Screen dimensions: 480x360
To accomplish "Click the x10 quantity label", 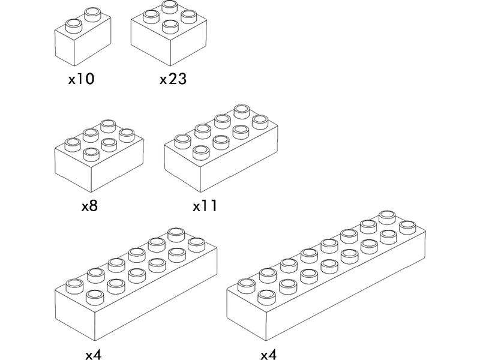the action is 81,79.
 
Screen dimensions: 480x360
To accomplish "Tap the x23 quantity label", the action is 173,79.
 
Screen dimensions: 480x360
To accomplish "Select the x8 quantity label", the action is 89,206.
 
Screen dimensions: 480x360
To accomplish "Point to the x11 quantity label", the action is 205,206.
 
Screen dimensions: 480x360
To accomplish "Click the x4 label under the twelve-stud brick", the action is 94,355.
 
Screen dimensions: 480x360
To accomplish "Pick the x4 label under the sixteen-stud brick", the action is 268,355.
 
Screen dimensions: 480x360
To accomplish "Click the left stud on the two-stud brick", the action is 74,26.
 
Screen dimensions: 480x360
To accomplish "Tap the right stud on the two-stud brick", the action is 93,14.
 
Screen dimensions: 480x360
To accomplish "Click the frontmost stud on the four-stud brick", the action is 170,26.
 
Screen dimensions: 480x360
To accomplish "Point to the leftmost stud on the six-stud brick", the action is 73,145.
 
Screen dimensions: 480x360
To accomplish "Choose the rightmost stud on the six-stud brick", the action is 127,136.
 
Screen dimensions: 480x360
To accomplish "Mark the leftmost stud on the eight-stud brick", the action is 183,142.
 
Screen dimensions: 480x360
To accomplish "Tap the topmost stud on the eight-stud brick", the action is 242,112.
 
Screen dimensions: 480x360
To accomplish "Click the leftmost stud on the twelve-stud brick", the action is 74,287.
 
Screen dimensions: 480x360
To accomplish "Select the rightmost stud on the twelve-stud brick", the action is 197,245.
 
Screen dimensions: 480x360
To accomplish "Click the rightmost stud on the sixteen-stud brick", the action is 408,228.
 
